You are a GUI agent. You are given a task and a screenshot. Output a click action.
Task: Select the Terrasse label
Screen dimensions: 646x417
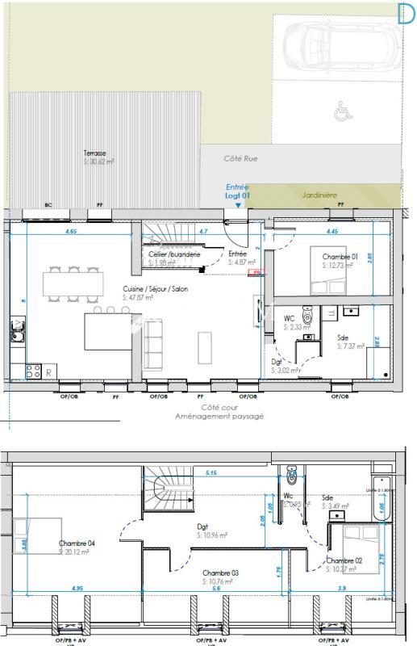(x=94, y=153)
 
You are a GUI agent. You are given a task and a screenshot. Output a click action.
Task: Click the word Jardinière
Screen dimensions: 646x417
(x=319, y=195)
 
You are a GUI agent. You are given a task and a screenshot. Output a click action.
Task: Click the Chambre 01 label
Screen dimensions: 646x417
(x=340, y=256)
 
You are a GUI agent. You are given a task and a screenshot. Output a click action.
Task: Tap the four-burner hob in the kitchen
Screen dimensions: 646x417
(x=34, y=371)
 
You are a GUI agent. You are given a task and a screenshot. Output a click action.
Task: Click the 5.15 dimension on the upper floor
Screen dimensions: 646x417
(x=211, y=472)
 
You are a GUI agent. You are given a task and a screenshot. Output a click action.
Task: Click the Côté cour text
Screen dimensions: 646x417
(x=209, y=408)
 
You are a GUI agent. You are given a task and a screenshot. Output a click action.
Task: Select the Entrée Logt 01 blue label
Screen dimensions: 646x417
(x=237, y=191)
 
